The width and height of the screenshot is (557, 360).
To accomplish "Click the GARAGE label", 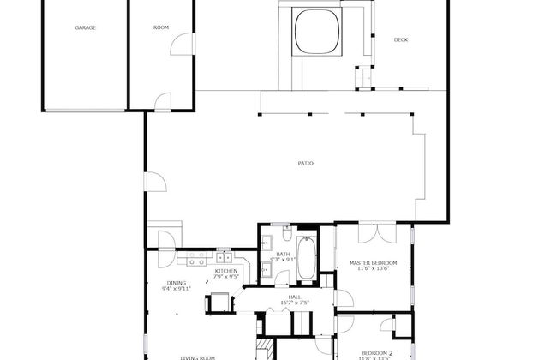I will (85, 27).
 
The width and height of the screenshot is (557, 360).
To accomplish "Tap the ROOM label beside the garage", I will (160, 27).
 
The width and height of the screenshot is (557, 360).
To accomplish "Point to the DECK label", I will (400, 39).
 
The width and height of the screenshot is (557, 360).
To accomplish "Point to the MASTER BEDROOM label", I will (373, 262).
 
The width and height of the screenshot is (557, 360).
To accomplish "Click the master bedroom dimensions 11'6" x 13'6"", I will (373, 269).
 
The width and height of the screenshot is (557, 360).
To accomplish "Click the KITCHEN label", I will (225, 271).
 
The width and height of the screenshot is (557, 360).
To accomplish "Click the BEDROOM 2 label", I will (376, 352).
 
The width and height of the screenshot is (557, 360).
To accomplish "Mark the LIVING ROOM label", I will (197, 357).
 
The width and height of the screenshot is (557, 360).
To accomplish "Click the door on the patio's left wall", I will (154, 181).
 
